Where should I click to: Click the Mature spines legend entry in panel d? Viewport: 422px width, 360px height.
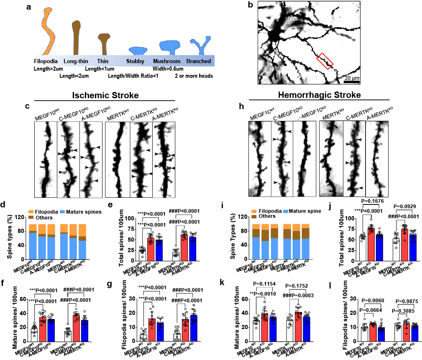(x=83, y=212)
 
